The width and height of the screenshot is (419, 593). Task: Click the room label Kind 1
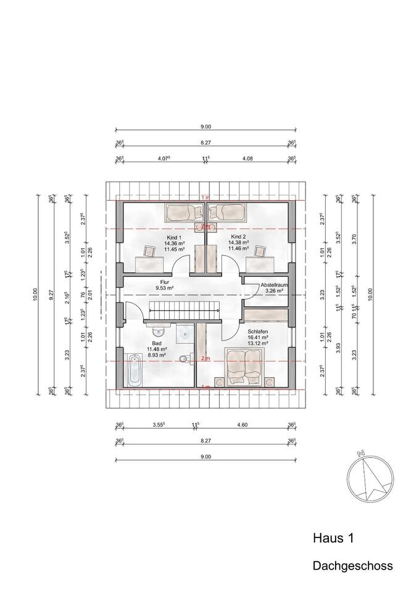pos(173,237)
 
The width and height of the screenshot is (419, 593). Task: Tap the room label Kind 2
pos(238,237)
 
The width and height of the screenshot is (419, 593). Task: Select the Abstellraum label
pos(274,285)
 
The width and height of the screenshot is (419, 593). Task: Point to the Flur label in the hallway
pos(165,280)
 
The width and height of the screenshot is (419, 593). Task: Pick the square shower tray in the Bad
pos(183,334)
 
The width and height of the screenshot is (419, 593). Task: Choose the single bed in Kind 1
pos(184,213)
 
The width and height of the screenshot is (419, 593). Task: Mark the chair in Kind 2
pos(260,251)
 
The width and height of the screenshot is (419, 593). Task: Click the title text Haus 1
pos(333,539)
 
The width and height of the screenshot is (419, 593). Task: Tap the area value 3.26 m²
pos(274,290)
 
